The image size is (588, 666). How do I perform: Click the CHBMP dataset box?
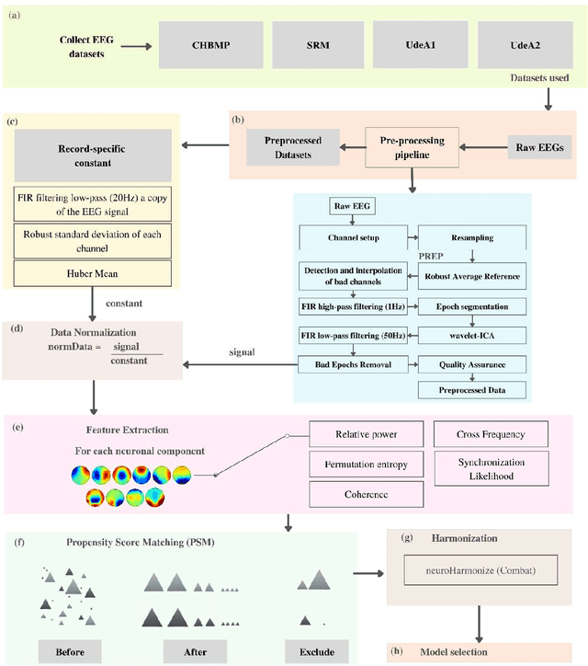click(208, 44)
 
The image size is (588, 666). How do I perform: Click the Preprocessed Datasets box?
click(290, 148)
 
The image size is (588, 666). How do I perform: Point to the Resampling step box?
click(471, 237)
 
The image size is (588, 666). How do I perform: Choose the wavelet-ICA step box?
click(471, 334)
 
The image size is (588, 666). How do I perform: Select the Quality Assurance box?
click(471, 365)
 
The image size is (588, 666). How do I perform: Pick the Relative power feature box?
click(366, 432)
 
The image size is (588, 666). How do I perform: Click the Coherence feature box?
click(366, 495)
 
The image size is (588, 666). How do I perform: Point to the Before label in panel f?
click(69, 651)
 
